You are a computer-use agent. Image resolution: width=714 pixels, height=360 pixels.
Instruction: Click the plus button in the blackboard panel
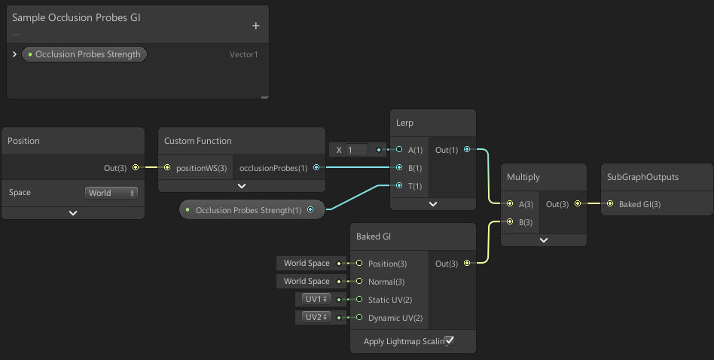click(x=255, y=26)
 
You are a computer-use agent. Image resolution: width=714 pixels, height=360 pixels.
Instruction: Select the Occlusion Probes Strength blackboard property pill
click(x=84, y=54)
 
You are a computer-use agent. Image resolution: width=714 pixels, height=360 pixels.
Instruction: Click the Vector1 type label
click(x=243, y=54)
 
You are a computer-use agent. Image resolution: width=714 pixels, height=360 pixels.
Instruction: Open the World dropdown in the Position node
click(x=111, y=193)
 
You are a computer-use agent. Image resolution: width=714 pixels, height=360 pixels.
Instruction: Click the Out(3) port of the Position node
click(x=136, y=167)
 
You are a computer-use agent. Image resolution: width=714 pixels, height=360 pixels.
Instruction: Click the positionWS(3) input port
click(x=167, y=167)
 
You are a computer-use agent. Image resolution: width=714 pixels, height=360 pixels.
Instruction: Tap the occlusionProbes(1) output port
click(x=316, y=167)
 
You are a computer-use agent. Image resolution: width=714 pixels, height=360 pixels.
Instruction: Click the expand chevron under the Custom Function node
click(x=242, y=185)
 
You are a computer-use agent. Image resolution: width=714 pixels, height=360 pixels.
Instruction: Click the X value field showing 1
click(x=356, y=150)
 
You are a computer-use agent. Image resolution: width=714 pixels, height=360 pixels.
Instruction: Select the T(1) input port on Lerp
click(x=399, y=185)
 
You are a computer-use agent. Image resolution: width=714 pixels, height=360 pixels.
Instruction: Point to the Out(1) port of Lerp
click(x=468, y=150)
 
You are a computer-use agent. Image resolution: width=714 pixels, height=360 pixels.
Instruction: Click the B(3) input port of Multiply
click(x=510, y=222)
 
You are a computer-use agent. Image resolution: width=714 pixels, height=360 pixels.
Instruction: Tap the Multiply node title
click(x=523, y=177)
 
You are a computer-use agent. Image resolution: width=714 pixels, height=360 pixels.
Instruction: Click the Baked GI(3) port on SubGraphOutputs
click(x=609, y=204)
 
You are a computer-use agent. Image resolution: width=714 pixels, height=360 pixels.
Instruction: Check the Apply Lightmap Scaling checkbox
click(x=450, y=341)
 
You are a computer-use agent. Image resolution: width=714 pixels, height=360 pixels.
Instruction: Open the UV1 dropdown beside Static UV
click(x=316, y=299)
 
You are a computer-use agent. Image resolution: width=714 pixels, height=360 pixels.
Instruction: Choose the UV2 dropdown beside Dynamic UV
click(x=316, y=317)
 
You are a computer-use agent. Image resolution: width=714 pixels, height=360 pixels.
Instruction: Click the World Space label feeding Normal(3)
click(x=307, y=281)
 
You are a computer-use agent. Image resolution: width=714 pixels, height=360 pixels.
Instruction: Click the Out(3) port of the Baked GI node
click(x=468, y=263)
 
